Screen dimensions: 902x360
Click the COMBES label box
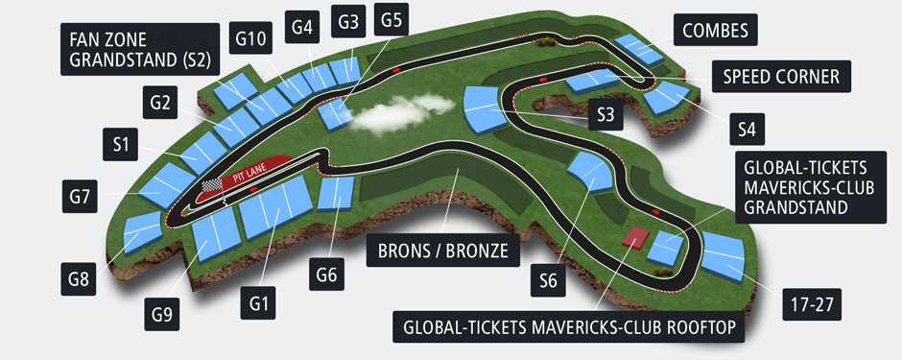[x=716, y=30]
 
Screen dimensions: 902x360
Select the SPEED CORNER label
[x=781, y=76]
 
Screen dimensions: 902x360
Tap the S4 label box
[x=748, y=126]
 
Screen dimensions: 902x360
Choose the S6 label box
[x=548, y=280]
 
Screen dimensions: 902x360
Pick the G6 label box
[x=326, y=276]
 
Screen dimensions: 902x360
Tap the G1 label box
[x=256, y=304]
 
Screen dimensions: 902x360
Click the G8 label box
[x=79, y=280]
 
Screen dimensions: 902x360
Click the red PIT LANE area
[x=257, y=170]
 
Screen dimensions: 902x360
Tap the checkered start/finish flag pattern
[x=212, y=183]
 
